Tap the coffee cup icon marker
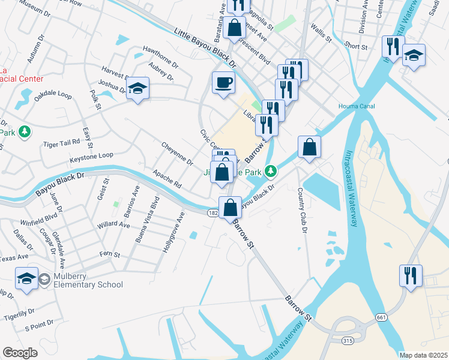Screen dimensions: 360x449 click(224, 82)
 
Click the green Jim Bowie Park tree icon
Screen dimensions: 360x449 click(271, 172)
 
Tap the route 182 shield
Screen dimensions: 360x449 click(212, 212)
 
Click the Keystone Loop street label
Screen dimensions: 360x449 click(91, 155)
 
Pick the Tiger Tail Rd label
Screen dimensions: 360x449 click(61, 143)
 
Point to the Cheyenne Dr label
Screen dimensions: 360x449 click(177, 154)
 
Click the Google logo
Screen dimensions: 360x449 click(20, 353)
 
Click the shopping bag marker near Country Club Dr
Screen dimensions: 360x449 click(309, 147)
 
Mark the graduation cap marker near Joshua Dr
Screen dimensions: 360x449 click(137, 89)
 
